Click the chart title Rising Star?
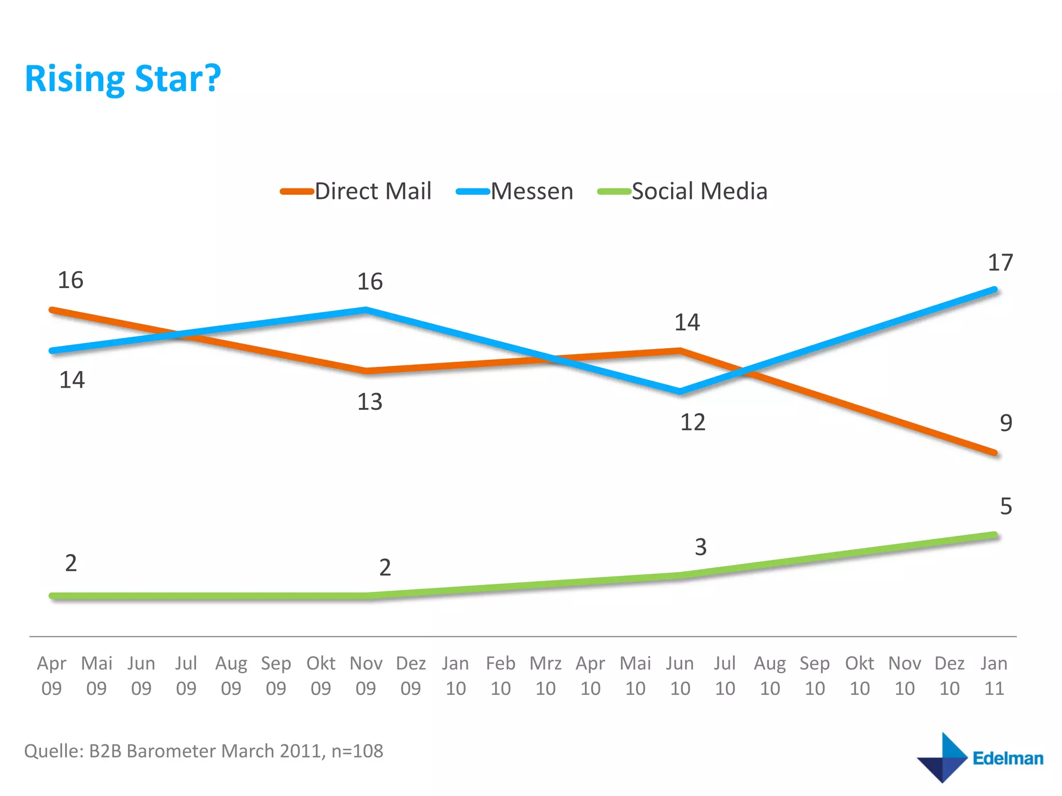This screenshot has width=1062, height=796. [x=123, y=79]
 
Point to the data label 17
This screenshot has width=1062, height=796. [x=1000, y=263]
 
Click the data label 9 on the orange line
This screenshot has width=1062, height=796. [x=1005, y=423]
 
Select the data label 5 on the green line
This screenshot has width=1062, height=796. [x=1005, y=506]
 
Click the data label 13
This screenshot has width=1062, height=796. [x=370, y=402]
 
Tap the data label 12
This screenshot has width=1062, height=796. [x=692, y=423]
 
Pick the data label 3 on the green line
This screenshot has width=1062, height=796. [x=701, y=547]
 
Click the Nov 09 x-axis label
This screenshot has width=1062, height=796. [x=366, y=676]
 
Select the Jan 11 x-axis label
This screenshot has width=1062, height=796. [x=994, y=676]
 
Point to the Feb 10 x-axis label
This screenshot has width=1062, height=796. [x=500, y=676]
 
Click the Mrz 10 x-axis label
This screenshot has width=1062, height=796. [x=546, y=676]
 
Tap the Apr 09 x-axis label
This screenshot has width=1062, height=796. [x=51, y=676]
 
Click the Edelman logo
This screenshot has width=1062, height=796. [x=980, y=758]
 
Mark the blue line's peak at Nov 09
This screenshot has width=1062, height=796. [x=366, y=310]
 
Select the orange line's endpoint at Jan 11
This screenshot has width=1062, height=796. [x=994, y=452]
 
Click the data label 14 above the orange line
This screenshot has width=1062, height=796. [x=687, y=323]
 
